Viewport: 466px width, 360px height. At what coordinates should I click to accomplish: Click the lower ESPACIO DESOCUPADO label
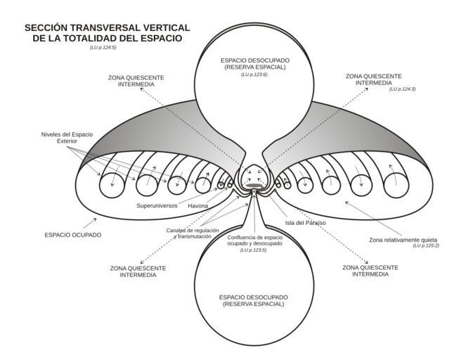(253, 301)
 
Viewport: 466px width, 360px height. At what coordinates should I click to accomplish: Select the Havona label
(198, 206)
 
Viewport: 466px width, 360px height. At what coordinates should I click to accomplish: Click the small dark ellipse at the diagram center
(253, 186)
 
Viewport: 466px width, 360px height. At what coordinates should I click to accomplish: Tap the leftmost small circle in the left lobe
(110, 186)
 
